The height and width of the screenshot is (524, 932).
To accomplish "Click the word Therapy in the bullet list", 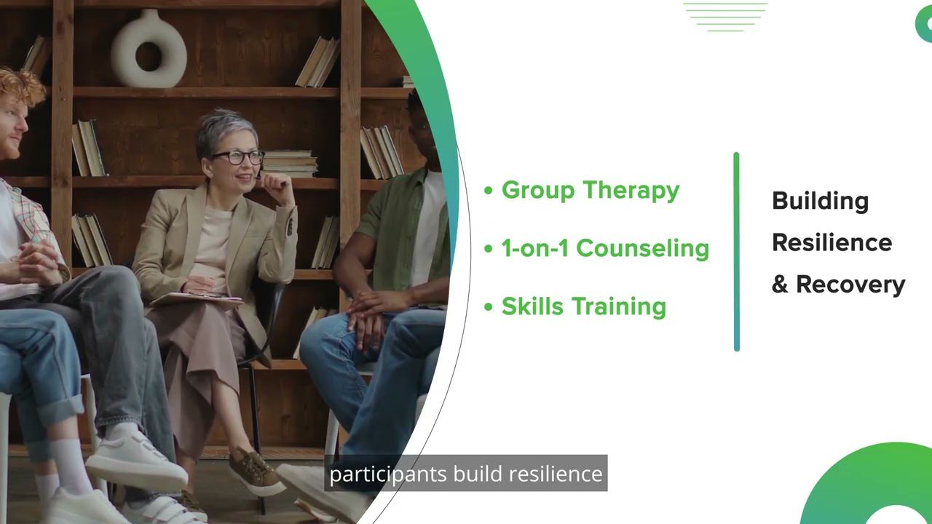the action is pyautogui.click(x=631, y=191).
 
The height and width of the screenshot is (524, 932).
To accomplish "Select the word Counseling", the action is pyautogui.click(x=642, y=249).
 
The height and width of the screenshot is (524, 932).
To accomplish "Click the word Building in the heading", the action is pyautogui.click(x=820, y=202).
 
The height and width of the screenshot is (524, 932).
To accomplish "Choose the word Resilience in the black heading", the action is pyautogui.click(x=832, y=242).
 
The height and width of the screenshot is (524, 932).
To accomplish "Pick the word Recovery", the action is pyautogui.click(x=850, y=285).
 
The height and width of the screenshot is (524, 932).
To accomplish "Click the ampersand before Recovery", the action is pyautogui.click(x=780, y=285).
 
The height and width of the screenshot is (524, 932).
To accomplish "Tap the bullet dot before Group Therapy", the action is pyautogui.click(x=489, y=191).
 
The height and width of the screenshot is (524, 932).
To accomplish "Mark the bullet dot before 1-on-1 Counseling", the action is pyautogui.click(x=489, y=249).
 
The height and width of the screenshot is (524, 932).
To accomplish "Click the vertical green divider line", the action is pyautogui.click(x=736, y=252).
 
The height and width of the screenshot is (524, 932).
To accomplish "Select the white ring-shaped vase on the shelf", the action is pyautogui.click(x=149, y=49).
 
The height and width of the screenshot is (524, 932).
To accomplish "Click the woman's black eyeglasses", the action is pyautogui.click(x=237, y=157).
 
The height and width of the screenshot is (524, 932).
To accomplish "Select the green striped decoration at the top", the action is pyautogui.click(x=726, y=17).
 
